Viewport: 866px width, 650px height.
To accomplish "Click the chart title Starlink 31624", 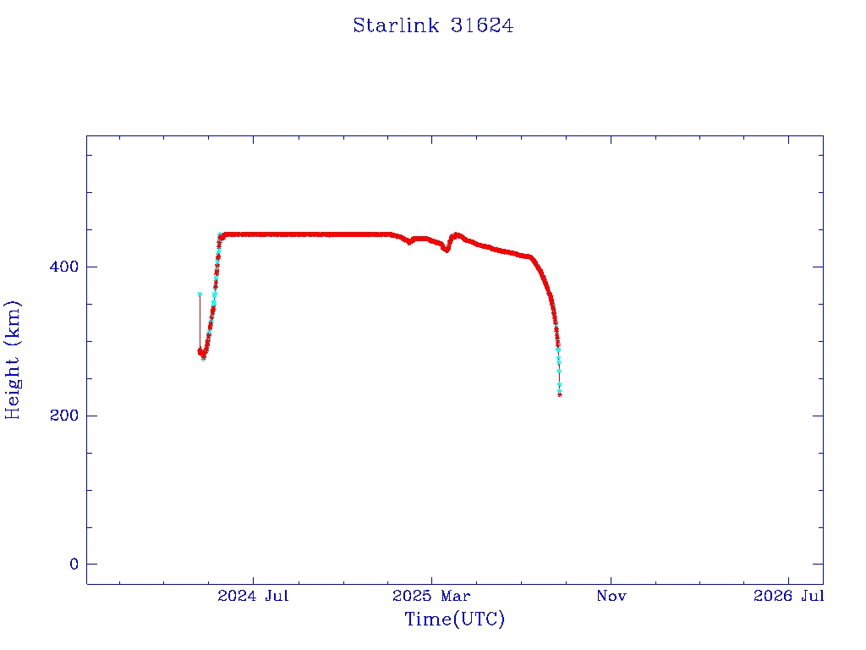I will [433, 25].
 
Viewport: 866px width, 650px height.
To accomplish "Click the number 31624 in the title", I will [482, 25].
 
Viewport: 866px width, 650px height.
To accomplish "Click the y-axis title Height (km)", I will [14, 360].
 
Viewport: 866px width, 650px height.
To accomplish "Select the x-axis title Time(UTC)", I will [455, 620].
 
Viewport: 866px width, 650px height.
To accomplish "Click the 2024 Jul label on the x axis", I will [253, 596].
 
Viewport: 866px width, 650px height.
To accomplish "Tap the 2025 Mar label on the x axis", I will [431, 596].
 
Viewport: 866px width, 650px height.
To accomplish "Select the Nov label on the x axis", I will [611, 596].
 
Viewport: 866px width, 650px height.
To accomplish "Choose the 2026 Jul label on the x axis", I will [788, 596].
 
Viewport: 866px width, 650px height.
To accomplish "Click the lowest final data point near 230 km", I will [560, 394].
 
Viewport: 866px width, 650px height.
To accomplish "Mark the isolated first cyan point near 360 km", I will [200, 295].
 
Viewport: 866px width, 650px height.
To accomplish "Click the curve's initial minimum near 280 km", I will [203, 357].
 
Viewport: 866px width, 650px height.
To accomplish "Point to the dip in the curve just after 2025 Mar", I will [447, 251].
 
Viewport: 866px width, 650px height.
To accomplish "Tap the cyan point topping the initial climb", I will [220, 234].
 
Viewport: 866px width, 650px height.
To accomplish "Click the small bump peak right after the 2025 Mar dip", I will [457, 234].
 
